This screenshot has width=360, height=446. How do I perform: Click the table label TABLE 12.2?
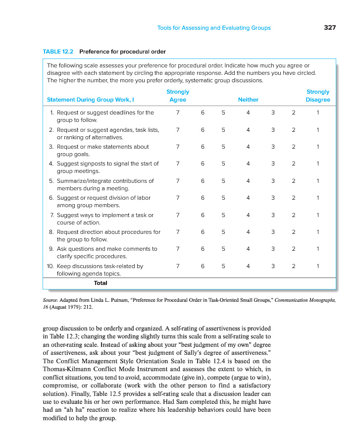[58, 52]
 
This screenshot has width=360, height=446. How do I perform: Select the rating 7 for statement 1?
[178, 112]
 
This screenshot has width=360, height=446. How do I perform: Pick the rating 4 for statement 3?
[248, 147]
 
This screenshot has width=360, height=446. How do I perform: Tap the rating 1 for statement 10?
[318, 266]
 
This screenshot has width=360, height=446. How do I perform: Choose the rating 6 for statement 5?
[203, 181]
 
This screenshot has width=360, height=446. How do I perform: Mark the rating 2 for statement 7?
[294, 215]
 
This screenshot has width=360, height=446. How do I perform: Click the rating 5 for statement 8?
[223, 232]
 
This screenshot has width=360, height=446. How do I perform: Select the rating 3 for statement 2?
[273, 130]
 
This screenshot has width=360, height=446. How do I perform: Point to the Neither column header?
[248, 100]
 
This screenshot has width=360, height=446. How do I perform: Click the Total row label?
[101, 283]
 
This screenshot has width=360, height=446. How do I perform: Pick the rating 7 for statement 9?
[178, 249]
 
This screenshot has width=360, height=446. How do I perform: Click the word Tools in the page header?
[165, 28]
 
